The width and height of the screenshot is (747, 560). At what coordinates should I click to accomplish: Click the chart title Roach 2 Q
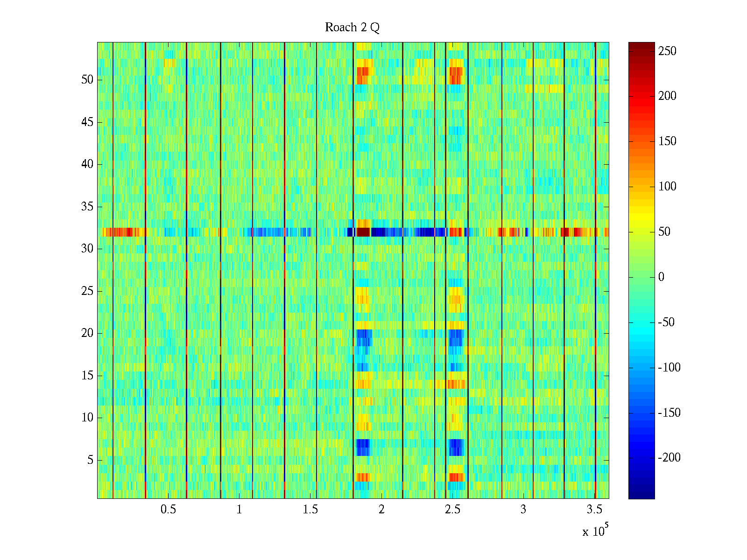point(352,28)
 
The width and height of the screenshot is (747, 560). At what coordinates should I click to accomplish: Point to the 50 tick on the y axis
point(87,80)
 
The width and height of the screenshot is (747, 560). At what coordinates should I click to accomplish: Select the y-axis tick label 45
point(87,122)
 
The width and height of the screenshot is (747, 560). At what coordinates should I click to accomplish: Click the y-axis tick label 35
point(87,207)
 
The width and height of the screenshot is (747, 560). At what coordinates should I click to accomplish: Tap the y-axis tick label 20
point(87,333)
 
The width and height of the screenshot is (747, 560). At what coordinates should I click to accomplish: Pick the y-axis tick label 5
point(90,460)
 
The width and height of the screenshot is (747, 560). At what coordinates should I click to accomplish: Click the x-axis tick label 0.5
point(168,510)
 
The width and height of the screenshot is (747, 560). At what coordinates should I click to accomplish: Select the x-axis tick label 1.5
point(310,510)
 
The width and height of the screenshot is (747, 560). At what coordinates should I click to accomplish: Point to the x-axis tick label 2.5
point(452,510)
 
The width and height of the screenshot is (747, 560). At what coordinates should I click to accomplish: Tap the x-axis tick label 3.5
point(594,510)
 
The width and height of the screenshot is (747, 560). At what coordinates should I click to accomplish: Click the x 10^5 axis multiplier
point(595,531)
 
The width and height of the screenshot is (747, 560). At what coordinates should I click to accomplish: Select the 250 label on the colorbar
point(667,51)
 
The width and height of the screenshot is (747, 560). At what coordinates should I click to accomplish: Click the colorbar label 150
point(667,141)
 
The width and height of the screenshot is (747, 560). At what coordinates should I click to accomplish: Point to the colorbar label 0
point(661,277)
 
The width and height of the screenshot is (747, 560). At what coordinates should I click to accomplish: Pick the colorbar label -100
point(669,368)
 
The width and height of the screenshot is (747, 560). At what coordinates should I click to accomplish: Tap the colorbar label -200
point(669,458)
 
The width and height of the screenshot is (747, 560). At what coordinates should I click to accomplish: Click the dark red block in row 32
point(363,232)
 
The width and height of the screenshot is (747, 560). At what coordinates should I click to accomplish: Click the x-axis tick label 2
point(381,510)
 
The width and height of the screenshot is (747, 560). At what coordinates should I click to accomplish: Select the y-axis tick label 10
point(87,418)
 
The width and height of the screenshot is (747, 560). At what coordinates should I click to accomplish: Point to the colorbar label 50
point(664,232)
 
